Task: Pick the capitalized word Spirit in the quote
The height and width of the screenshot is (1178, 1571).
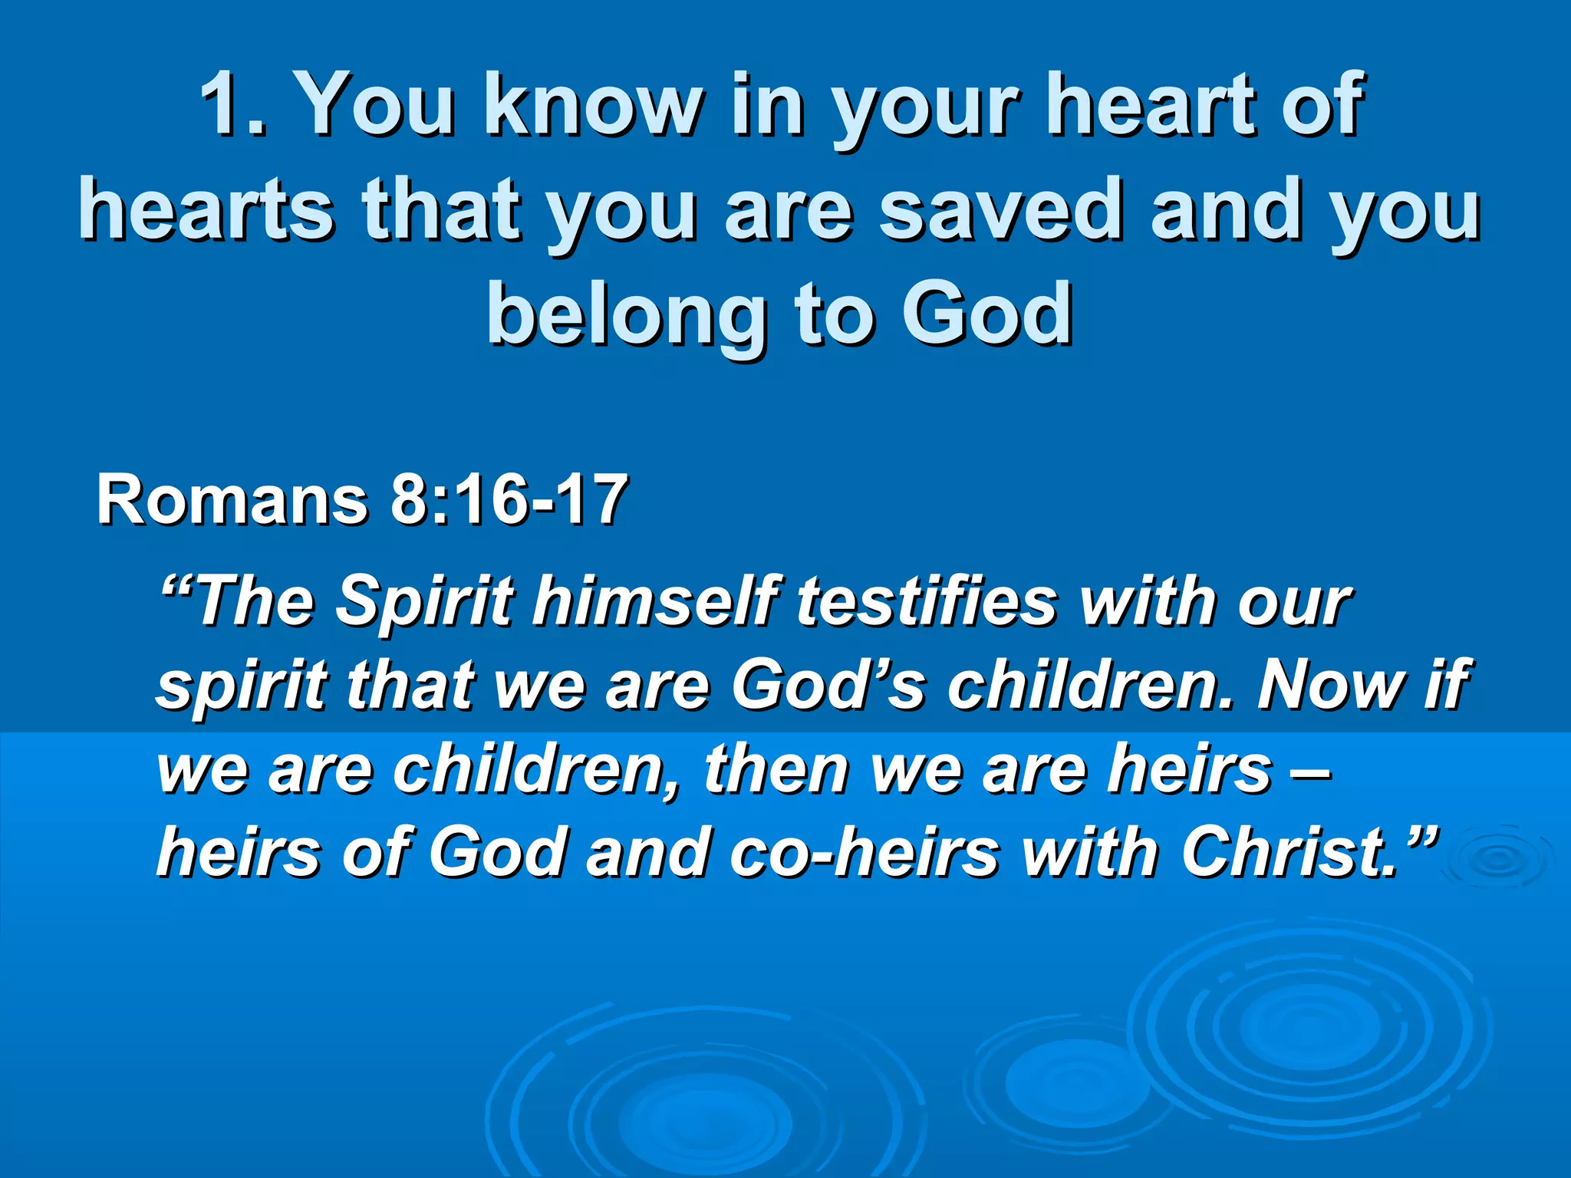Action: pos(425,601)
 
